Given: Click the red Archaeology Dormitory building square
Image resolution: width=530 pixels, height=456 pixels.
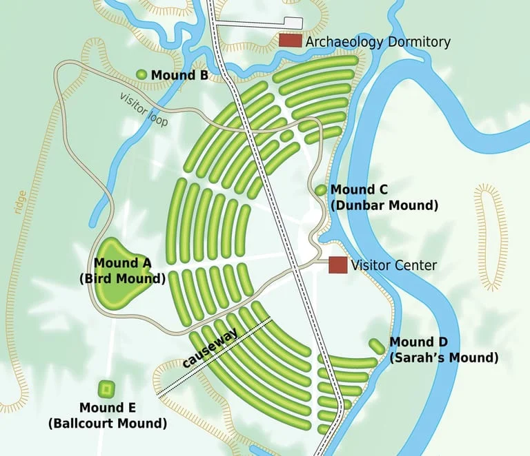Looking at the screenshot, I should coord(291,41).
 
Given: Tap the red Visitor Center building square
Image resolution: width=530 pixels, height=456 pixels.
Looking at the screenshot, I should coord(337,265).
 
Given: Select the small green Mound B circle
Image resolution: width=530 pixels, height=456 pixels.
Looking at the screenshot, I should coord(141,74).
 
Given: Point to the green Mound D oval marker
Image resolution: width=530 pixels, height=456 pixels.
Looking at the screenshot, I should coord(377,346).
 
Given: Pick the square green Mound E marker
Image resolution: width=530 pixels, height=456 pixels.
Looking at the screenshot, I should coord(106,389).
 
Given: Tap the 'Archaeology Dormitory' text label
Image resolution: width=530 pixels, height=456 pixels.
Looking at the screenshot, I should coord(377,42).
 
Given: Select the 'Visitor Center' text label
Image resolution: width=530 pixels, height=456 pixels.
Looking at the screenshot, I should coord(393,265).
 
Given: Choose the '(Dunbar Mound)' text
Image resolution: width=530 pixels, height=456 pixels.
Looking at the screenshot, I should coord(384,205).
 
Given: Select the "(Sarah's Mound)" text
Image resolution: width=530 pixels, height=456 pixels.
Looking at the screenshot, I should coord(444,357).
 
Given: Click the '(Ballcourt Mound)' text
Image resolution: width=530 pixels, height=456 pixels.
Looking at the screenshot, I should coord(108,422).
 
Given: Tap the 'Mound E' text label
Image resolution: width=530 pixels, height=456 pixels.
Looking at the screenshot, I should coord(108,407).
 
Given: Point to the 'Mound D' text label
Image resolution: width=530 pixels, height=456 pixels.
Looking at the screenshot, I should coord(418,342).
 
